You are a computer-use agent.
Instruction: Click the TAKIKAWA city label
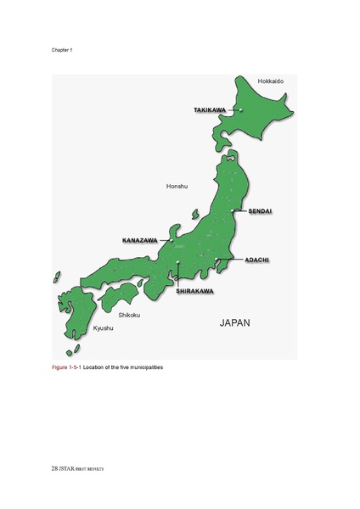(209, 110)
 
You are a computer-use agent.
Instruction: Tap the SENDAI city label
(260, 210)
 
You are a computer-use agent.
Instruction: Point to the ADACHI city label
(257, 259)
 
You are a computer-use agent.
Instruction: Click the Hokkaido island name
(270, 81)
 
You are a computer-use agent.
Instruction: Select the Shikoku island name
(129, 315)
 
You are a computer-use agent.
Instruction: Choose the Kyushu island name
(81, 327)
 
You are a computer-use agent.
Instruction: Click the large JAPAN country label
(235, 323)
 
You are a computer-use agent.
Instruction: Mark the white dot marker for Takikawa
(240, 110)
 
